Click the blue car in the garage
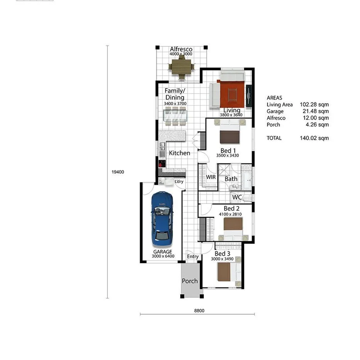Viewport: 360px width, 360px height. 162,219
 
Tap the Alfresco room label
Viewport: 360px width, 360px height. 181,49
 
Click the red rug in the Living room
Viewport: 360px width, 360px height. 232,93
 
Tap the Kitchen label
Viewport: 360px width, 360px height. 180,153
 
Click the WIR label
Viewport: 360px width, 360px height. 211,177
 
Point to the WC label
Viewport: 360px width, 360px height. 237,197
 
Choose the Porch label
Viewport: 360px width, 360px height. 190,281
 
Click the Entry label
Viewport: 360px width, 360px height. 193,256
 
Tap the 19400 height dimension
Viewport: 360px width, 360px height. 117,172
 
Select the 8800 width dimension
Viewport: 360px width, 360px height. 199,310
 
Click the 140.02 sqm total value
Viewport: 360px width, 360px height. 314,138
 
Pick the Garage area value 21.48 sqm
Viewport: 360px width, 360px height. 314,111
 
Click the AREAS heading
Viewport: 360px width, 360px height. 274,98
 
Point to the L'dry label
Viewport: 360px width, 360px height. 179,182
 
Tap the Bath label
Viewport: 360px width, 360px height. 231,179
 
